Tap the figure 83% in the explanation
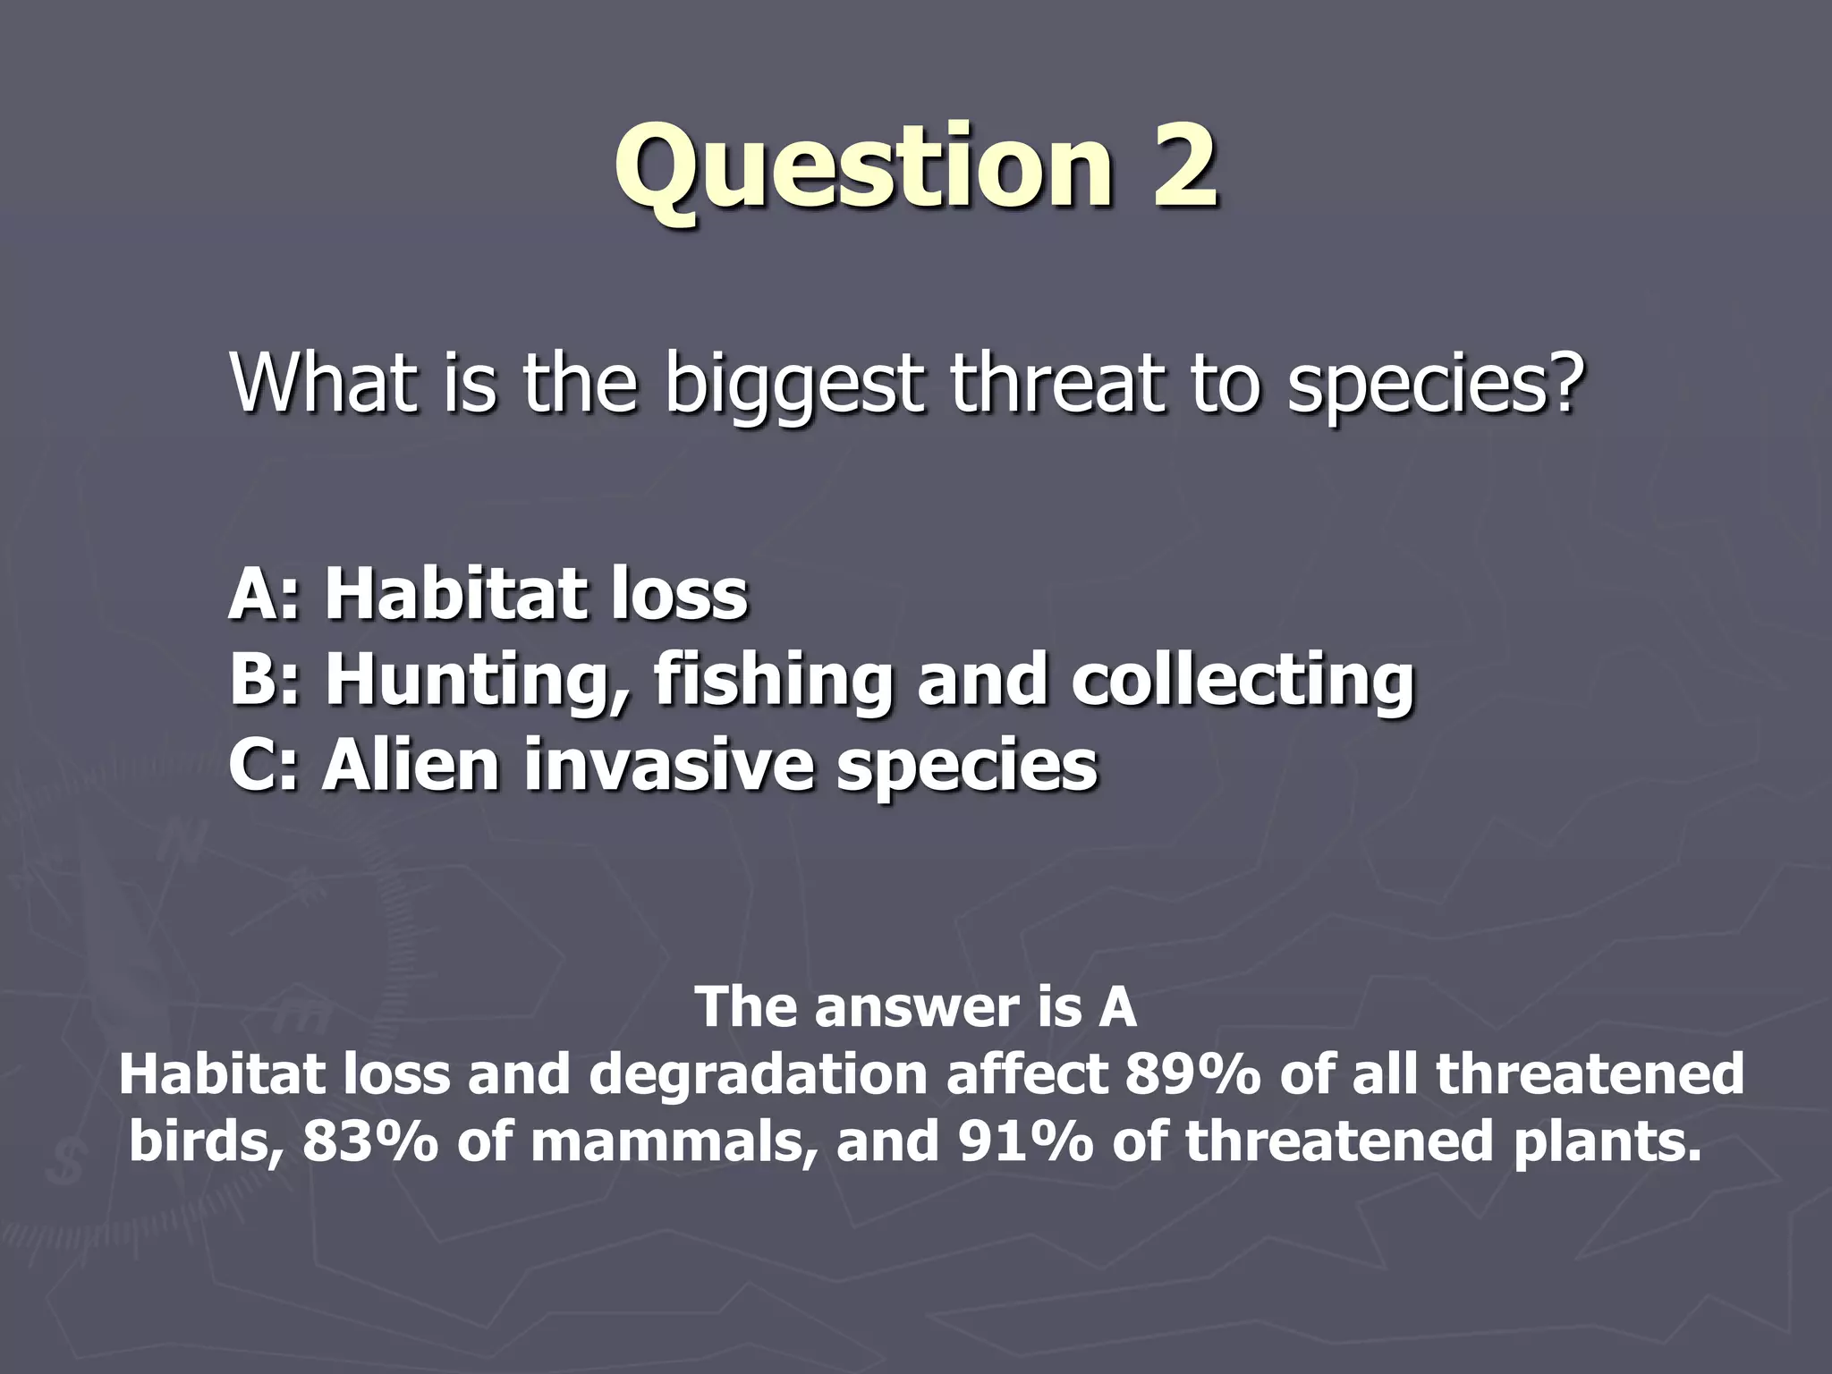369,1142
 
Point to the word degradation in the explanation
758,1076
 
